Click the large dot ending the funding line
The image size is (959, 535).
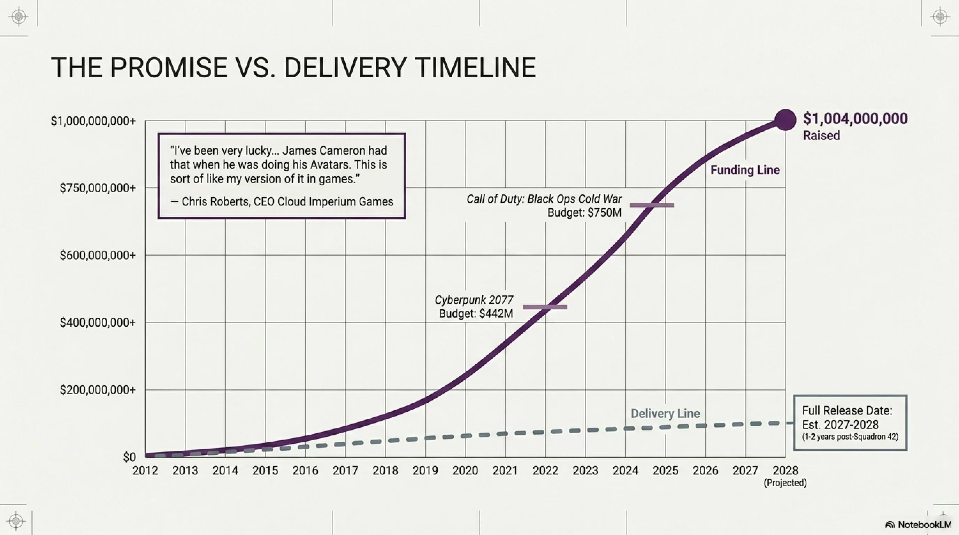pyautogui.click(x=785, y=120)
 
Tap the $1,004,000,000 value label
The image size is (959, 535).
pyautogui.click(x=855, y=119)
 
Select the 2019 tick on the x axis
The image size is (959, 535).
pyautogui.click(x=425, y=471)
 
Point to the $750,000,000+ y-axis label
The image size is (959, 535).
pyautogui.click(x=98, y=188)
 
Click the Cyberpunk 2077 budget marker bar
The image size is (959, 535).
pyautogui.click(x=545, y=307)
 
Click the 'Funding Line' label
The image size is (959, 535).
pyautogui.click(x=745, y=170)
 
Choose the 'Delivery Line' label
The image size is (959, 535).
pyautogui.click(x=665, y=413)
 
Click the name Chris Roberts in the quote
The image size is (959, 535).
pyautogui.click(x=215, y=202)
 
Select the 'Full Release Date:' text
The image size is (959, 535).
pyautogui.click(x=847, y=410)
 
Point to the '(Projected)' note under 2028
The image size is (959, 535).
pyautogui.click(x=785, y=483)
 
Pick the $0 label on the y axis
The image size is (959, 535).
pyautogui.click(x=130, y=457)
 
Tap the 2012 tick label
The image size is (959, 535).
pyautogui.click(x=145, y=471)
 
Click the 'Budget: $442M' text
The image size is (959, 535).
pyautogui.click(x=476, y=313)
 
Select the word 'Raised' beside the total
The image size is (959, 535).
pyautogui.click(x=821, y=135)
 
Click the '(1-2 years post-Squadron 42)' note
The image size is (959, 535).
pyautogui.click(x=850, y=437)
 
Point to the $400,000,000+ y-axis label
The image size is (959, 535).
pyautogui.click(x=98, y=323)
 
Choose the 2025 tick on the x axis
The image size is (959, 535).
pyautogui.click(x=665, y=471)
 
